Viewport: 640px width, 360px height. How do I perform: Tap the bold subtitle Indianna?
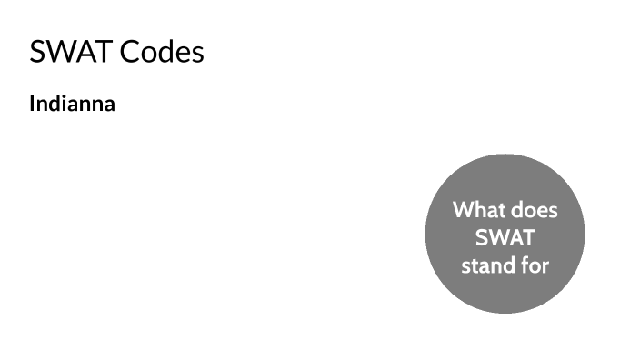[x=72, y=104]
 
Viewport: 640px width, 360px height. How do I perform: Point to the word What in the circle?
[x=478, y=211]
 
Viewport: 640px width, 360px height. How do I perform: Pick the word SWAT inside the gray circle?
[x=505, y=239]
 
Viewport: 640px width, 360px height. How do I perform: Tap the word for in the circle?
[x=535, y=266]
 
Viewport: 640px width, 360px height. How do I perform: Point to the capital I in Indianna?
[x=33, y=104]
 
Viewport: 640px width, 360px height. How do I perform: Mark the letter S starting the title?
[x=37, y=52]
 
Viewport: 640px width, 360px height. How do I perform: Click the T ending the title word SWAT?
[x=101, y=52]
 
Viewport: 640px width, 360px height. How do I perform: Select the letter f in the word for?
[x=526, y=266]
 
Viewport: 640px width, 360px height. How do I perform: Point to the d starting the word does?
[x=516, y=211]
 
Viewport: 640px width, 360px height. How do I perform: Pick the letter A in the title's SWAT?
[x=83, y=52]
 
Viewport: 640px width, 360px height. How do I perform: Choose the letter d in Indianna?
[x=54, y=104]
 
